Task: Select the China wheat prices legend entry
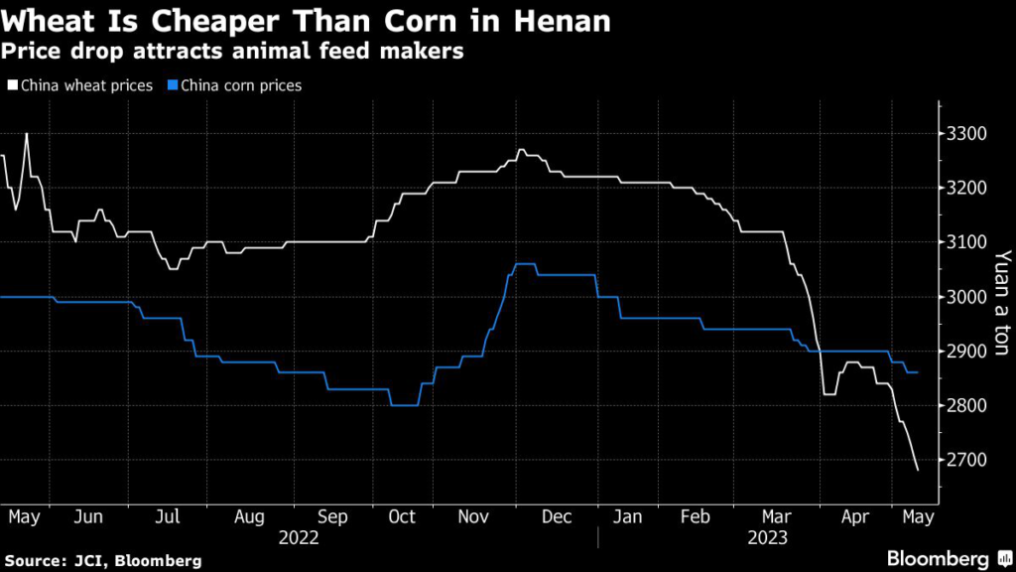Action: pos(80,85)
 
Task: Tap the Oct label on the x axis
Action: pos(401,517)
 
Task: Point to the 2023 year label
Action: pos(766,537)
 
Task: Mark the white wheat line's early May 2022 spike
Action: pos(26,134)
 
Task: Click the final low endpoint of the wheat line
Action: pos(918,470)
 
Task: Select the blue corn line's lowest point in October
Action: pos(404,405)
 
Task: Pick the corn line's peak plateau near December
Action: pos(523,264)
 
